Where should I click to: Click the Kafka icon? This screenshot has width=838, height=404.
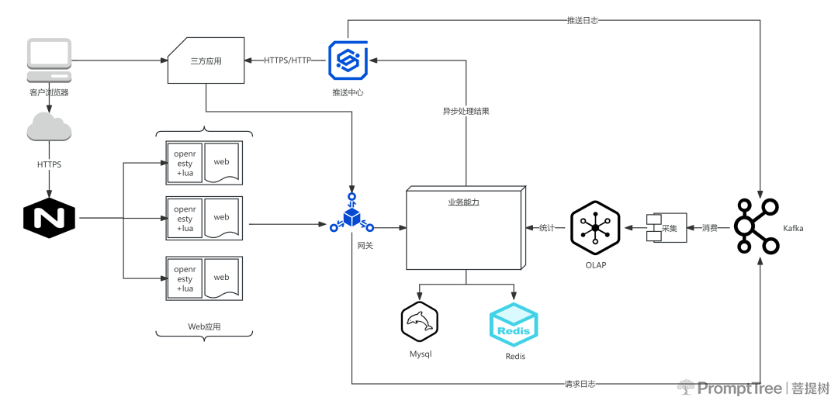pyautogui.click(x=757, y=226)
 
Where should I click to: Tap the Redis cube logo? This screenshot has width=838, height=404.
pyautogui.click(x=514, y=325)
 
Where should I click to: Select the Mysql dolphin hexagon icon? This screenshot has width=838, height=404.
pyautogui.click(x=420, y=321)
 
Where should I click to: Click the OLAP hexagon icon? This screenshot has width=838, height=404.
pyautogui.click(x=595, y=228)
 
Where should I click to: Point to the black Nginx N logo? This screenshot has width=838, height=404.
pyautogui.click(x=49, y=218)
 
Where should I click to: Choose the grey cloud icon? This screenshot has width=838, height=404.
pyautogui.click(x=49, y=126)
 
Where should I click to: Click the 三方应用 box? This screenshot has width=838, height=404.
pyautogui.click(x=206, y=60)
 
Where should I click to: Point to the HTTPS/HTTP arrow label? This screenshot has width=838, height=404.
pyautogui.click(x=287, y=60)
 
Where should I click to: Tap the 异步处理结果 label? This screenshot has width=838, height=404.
pyautogui.click(x=466, y=112)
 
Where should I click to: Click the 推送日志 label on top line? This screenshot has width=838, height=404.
pyautogui.click(x=582, y=21)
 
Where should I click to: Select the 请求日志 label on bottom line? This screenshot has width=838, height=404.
pyautogui.click(x=580, y=384)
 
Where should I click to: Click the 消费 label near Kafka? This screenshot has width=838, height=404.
pyautogui.click(x=710, y=228)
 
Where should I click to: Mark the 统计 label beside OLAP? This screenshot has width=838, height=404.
pyautogui.click(x=547, y=228)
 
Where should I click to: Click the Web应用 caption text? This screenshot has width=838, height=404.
pyautogui.click(x=204, y=326)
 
